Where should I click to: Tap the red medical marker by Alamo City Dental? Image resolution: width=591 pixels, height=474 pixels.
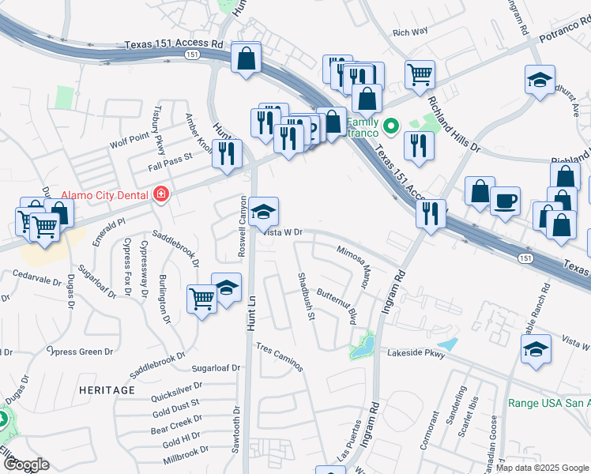[161, 194]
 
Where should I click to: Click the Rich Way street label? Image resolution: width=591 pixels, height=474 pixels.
[410, 32]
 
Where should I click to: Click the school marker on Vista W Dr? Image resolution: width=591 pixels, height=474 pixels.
[263, 211]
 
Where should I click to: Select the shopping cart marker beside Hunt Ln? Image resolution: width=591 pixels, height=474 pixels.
[202, 299]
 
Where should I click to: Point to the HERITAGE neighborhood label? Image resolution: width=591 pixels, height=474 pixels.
[107, 390]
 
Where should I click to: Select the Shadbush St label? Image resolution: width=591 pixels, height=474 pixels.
[306, 296]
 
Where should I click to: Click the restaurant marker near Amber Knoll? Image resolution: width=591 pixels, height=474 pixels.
[228, 152]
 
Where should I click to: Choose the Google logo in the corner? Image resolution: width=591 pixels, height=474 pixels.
[25, 465]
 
